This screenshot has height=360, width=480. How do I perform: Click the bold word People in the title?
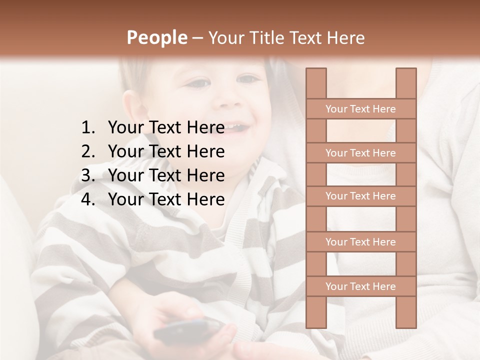156,37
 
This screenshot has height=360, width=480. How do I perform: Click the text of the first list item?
166,127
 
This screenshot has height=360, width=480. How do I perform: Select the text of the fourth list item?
166,199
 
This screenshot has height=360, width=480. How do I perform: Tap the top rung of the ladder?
360,108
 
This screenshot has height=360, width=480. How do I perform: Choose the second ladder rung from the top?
360,152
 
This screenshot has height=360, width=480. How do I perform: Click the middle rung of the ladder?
360,196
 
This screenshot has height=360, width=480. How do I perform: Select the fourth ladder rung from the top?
360,241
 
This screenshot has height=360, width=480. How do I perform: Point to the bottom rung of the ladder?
360,286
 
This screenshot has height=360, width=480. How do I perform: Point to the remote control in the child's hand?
187,330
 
